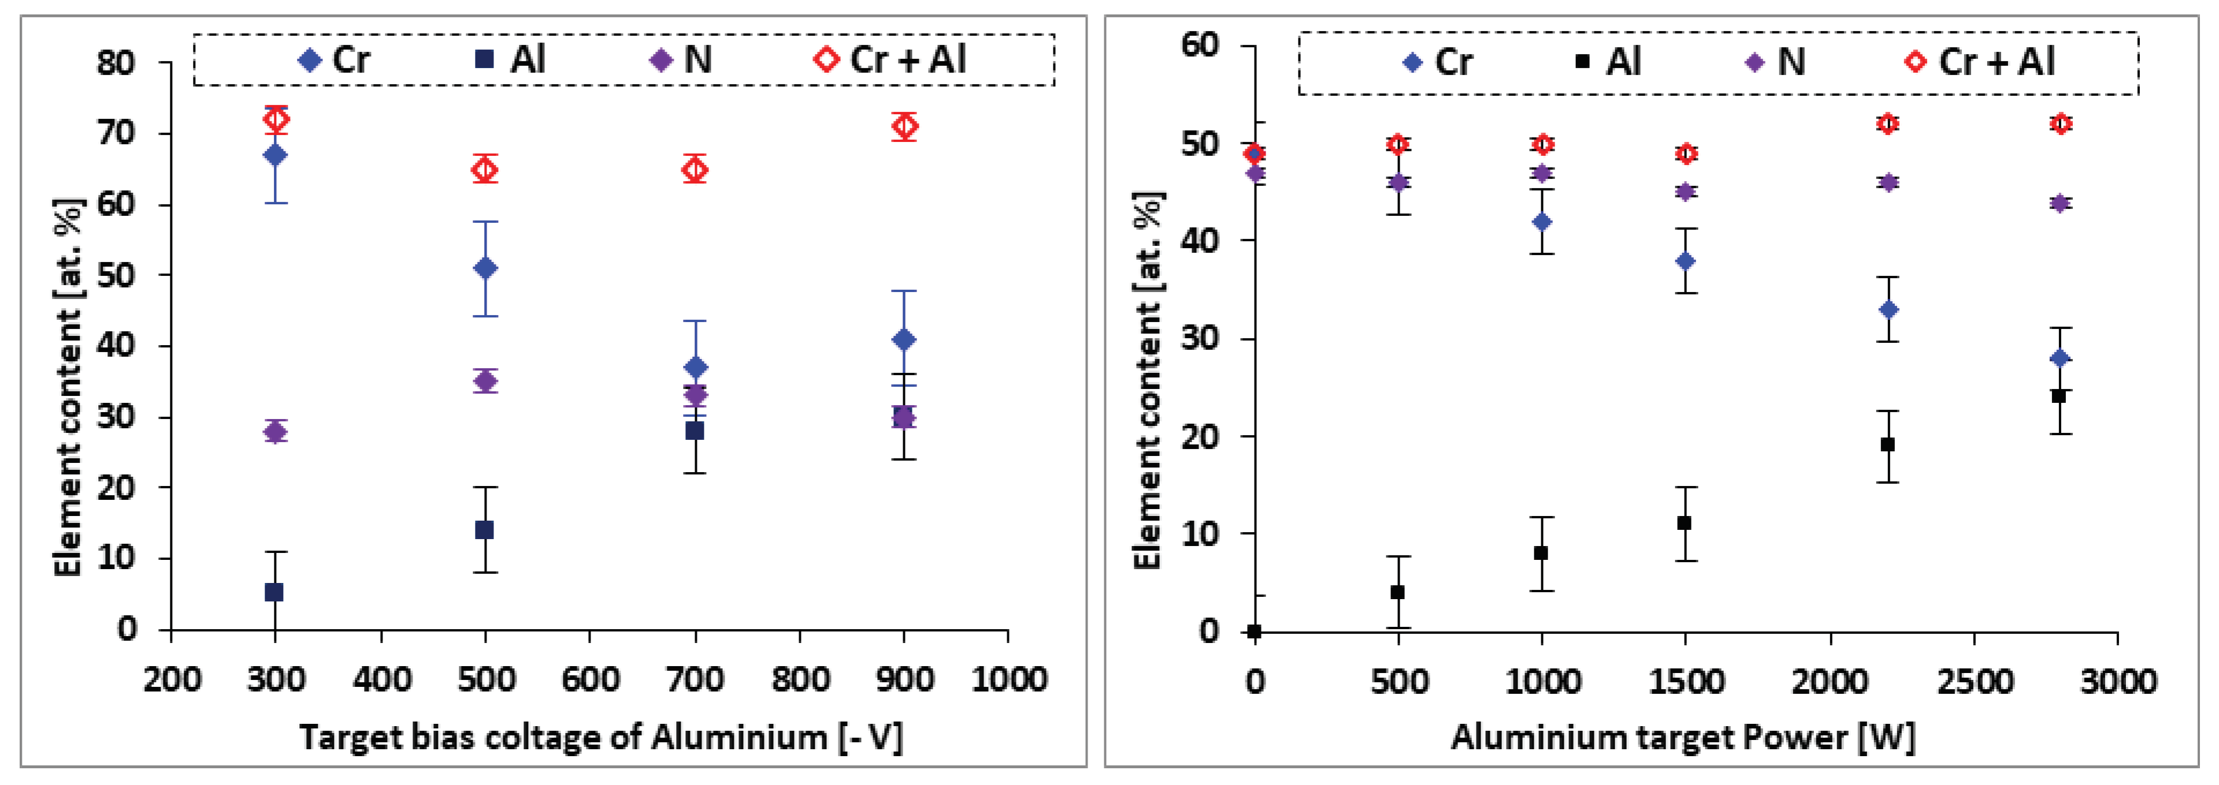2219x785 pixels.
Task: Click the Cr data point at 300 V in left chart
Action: [x=275, y=155]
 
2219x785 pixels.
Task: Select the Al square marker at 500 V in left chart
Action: [x=485, y=529]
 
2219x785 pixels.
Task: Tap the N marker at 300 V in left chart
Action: [x=275, y=431]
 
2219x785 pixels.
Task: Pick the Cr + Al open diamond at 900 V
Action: [x=904, y=126]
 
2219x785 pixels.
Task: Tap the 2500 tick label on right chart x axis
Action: [x=1975, y=682]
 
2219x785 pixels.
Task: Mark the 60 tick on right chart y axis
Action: [x=1202, y=45]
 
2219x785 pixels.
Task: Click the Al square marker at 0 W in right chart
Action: [x=1254, y=631]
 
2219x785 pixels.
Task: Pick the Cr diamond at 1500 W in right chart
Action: [x=1686, y=261]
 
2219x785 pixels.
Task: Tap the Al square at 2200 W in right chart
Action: [x=1887, y=444]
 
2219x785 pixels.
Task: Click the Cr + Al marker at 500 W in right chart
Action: [x=1398, y=144]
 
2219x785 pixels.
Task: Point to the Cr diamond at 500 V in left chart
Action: [x=485, y=268]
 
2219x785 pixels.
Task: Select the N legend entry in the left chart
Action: [x=681, y=59]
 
